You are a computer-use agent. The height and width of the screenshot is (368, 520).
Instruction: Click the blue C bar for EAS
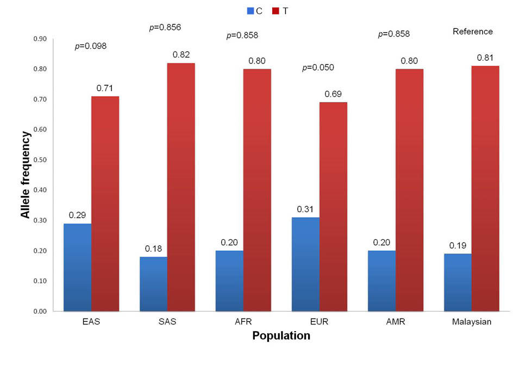[78, 267]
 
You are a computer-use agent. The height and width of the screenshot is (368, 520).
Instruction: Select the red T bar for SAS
[181, 187]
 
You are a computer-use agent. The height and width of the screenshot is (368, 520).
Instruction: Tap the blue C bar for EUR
[306, 264]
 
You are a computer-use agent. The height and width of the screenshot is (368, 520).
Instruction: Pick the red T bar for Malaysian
[485, 188]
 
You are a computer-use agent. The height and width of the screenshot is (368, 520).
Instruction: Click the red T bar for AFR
[257, 190]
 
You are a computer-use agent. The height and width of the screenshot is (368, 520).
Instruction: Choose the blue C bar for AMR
[382, 281]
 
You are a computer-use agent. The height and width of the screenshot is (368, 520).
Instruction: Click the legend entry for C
[255, 10]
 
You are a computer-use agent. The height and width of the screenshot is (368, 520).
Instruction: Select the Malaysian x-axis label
[472, 322]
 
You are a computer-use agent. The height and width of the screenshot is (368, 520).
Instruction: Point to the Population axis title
[281, 336]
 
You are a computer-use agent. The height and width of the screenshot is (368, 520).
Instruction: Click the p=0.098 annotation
[91, 46]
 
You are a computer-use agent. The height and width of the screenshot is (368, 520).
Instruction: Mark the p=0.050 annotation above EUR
[318, 68]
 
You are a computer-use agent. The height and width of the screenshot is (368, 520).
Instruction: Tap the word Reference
[473, 31]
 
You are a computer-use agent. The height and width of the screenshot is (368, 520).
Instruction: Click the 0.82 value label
[181, 54]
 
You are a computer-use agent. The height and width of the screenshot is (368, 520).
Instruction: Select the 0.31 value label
[305, 209]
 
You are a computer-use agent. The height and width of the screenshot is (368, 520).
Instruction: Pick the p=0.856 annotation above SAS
[165, 27]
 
